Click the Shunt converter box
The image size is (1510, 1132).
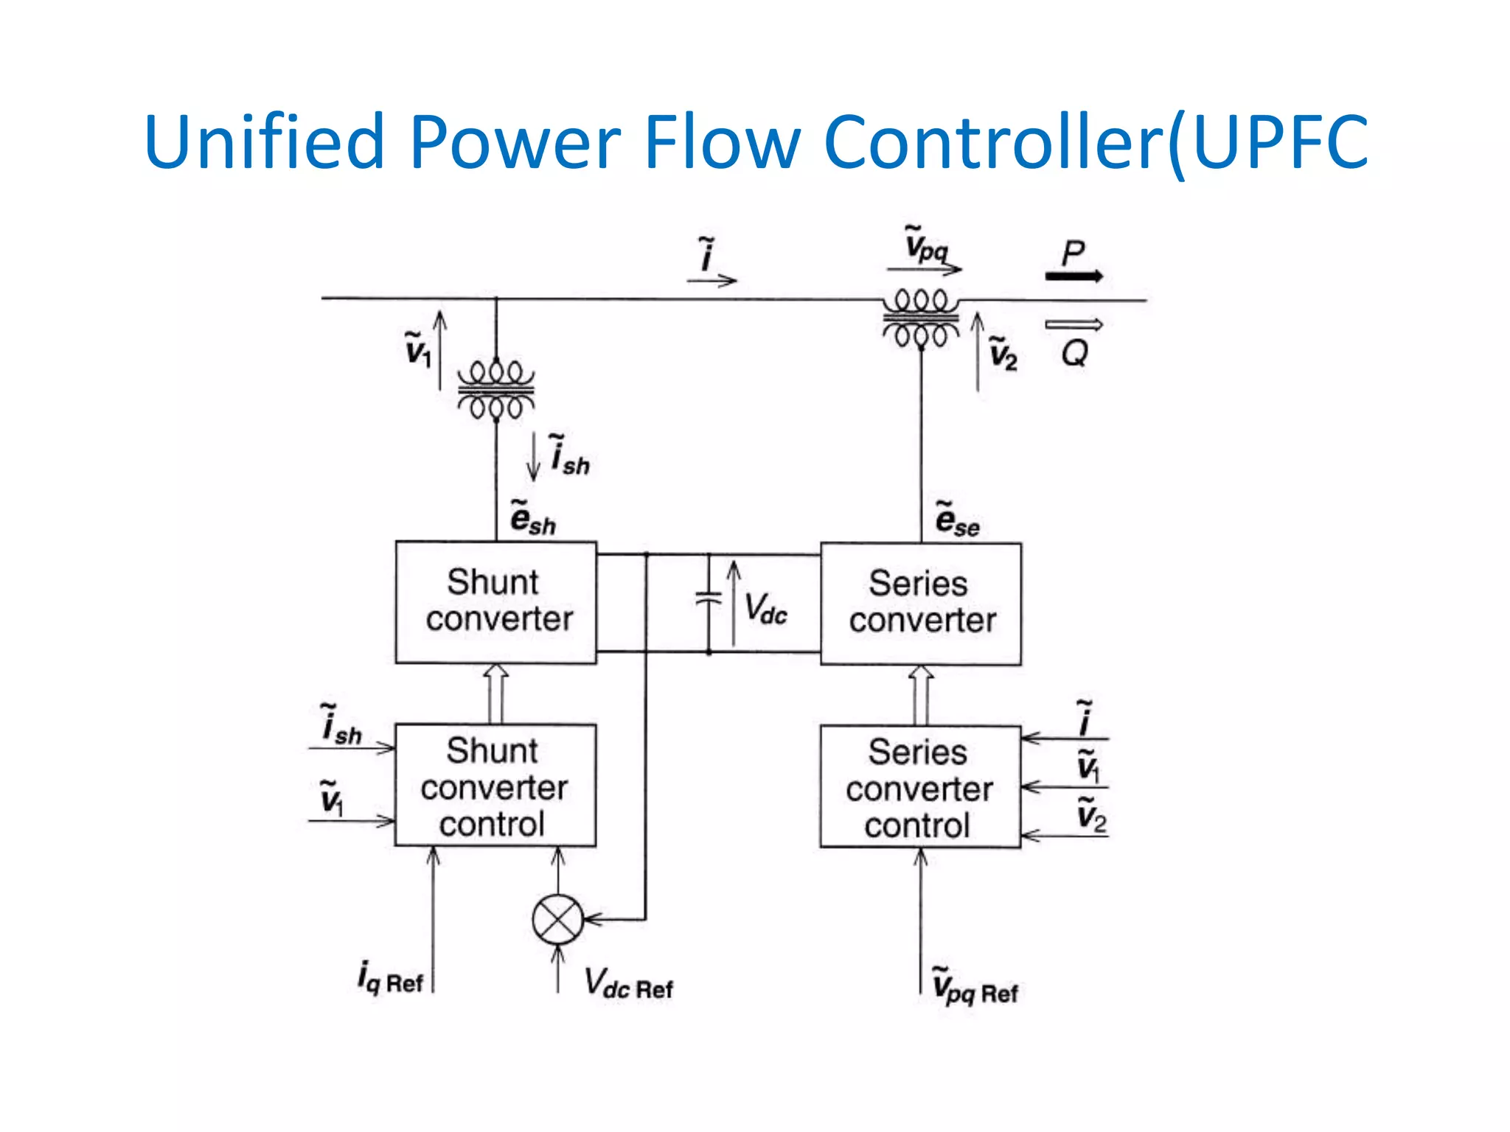(495, 602)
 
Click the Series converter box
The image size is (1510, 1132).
(921, 604)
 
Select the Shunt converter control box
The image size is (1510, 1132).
(495, 786)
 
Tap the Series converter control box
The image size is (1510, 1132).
(920, 787)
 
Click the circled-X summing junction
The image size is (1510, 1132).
(557, 919)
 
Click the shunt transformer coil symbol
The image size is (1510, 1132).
(495, 389)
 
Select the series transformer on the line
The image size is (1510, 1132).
(921, 318)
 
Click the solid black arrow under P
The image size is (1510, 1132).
(1074, 276)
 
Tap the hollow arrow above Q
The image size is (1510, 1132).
(1074, 324)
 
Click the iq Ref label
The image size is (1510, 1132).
(390, 979)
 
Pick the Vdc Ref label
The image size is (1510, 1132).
(628, 984)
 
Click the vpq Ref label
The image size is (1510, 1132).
(974, 987)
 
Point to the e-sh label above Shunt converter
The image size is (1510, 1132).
(532, 518)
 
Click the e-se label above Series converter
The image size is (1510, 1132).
(957, 520)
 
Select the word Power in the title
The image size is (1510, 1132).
(515, 141)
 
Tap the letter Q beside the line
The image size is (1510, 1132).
(1074, 354)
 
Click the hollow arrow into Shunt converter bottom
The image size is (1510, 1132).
(495, 693)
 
